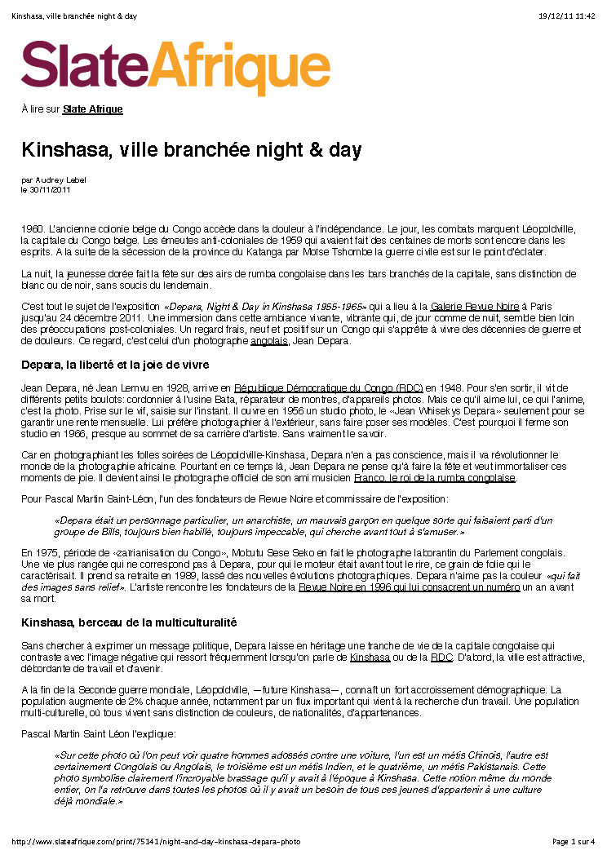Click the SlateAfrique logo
point(175,69)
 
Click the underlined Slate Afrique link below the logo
point(92,109)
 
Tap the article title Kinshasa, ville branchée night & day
point(191,150)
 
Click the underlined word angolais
point(269,340)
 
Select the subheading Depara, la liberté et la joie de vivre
point(115,364)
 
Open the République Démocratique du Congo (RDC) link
point(328,387)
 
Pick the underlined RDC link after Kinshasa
point(441,657)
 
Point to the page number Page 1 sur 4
point(574,841)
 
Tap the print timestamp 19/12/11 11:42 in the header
point(567,16)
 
